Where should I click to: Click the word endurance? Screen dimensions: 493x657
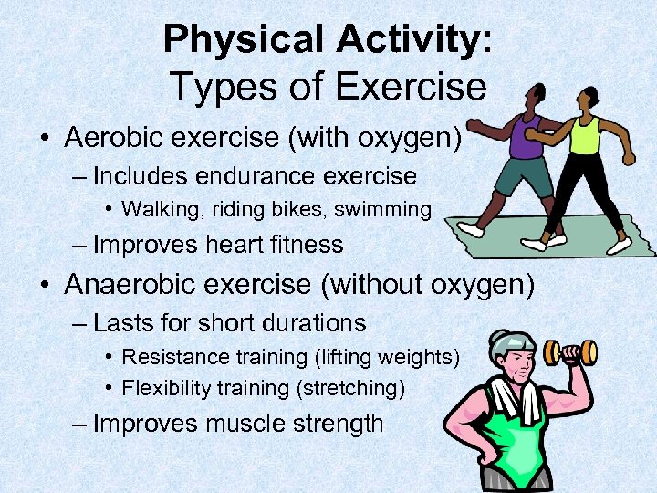click(x=254, y=174)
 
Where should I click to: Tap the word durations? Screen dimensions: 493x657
click(x=310, y=322)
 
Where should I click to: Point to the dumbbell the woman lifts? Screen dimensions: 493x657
click(x=570, y=351)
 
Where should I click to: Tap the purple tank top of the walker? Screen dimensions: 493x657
click(x=526, y=136)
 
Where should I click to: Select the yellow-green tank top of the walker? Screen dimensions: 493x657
click(x=584, y=136)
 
